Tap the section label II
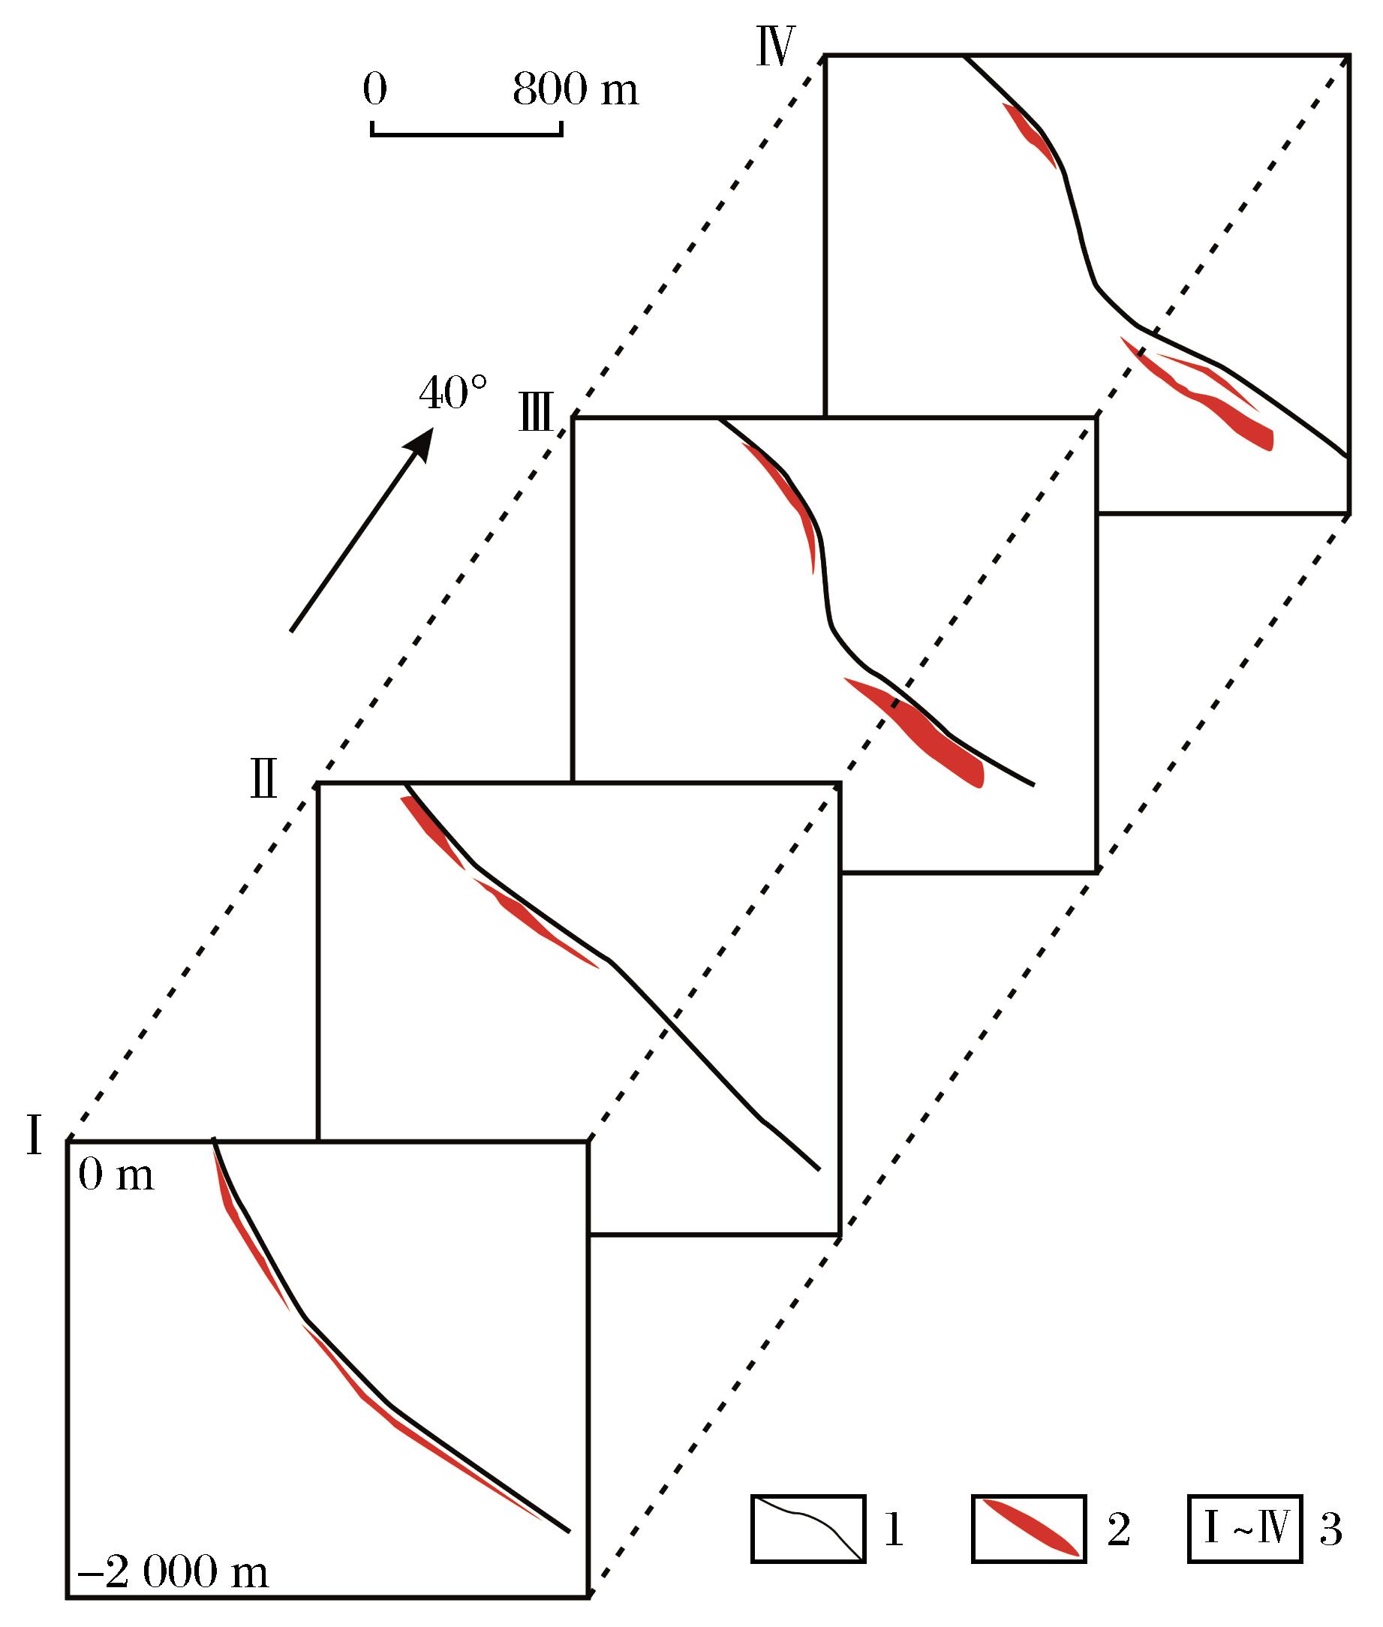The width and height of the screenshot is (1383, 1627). pyautogui.click(x=263, y=782)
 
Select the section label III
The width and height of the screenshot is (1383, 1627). pyautogui.click(x=537, y=414)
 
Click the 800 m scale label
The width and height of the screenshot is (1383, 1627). pyautogui.click(x=576, y=90)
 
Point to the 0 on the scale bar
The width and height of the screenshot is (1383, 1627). pyautogui.click(x=374, y=90)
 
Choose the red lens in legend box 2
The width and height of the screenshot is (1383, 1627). pyautogui.click(x=1030, y=1528)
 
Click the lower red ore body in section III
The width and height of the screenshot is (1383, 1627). pyautogui.click(x=929, y=732)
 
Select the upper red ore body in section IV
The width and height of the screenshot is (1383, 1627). pyautogui.click(x=1030, y=134)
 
